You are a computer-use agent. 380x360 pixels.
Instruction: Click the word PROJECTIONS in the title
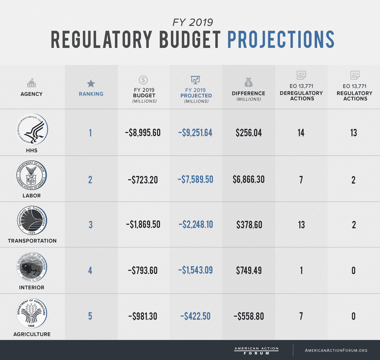point(281,40)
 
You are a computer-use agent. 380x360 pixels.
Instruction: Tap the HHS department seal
point(32,130)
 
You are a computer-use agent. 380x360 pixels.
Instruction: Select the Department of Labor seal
point(31,176)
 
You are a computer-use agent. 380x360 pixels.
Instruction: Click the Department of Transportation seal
point(32,221)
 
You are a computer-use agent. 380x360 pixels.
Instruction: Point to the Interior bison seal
point(31,267)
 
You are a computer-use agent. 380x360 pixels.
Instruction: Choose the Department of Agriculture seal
point(31,313)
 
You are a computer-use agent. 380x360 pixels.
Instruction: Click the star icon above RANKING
point(91,84)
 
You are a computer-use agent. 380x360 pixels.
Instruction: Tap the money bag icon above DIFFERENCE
point(249,82)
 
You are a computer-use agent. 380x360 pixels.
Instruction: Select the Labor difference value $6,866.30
point(249,180)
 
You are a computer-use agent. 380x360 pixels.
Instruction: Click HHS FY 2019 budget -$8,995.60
point(143,133)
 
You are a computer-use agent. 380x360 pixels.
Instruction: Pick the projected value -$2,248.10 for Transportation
point(196,225)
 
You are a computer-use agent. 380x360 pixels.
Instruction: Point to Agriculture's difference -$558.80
point(249,316)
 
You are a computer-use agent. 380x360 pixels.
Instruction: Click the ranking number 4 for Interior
point(90,271)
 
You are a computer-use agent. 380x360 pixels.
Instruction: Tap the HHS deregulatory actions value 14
point(301,133)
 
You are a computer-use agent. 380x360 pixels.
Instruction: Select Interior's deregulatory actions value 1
point(301,271)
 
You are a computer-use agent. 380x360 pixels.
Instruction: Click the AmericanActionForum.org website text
point(336,350)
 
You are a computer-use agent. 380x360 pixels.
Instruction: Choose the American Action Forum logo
point(256,351)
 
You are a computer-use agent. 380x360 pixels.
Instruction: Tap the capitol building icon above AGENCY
point(31,83)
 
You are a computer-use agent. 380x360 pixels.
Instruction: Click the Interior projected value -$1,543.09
point(195,270)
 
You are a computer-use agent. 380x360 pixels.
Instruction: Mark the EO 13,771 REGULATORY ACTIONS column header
point(354,93)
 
